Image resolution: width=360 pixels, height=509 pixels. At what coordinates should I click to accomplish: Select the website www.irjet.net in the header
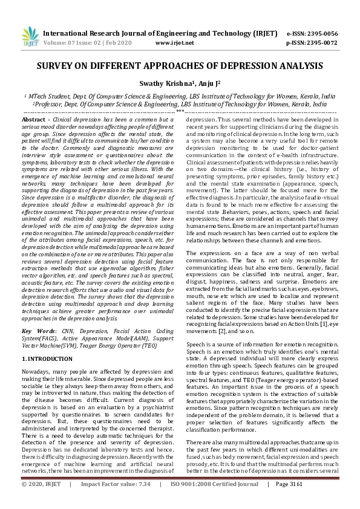click(175, 44)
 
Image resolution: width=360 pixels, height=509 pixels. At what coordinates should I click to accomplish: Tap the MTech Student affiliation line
click(180, 96)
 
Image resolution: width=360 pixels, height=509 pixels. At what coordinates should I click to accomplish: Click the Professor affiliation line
click(180, 104)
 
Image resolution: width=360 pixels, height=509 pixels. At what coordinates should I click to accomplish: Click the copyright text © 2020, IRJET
click(42, 501)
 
